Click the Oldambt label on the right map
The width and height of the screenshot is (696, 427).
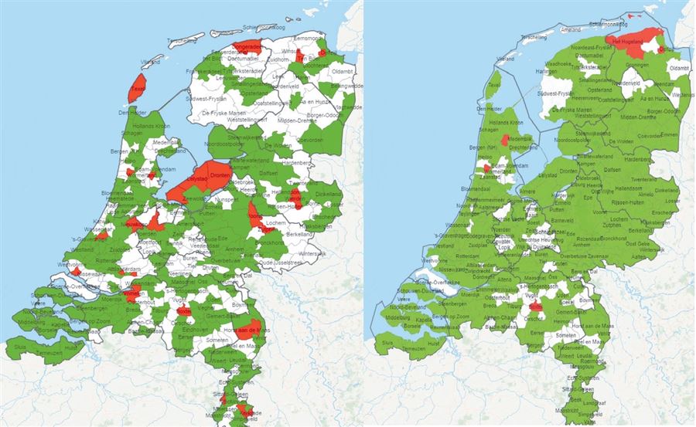pyautogui.click(x=679, y=68)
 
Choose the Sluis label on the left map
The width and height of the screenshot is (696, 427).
pyautogui.click(x=19, y=347)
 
